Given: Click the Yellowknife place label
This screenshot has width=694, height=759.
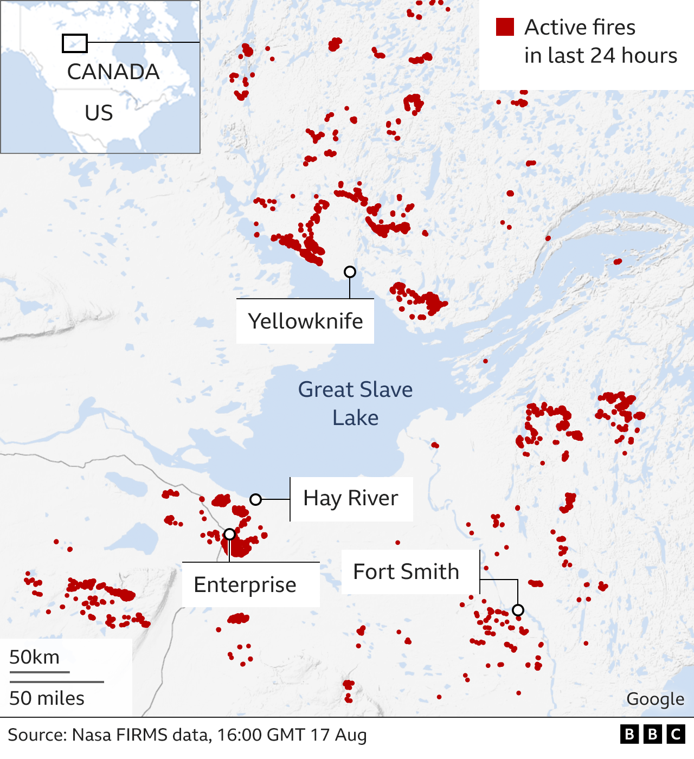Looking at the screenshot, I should pos(305,321).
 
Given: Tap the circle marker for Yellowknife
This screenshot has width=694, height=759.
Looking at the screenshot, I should pos(350,272).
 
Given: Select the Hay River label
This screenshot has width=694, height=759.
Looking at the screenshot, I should pos(351,498).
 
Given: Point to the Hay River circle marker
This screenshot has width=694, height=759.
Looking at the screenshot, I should pos(255,499).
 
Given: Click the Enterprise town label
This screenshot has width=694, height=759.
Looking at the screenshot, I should pos(245,585).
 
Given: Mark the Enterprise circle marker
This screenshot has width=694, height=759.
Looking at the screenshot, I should pos(229,535).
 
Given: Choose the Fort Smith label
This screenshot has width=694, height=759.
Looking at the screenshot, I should pos(406,572).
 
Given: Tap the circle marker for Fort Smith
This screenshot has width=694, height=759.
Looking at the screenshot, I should pos(518,610).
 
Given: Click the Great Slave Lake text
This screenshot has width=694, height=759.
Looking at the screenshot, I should pos(355,403).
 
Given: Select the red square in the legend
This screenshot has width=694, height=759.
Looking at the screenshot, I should pos(505,27).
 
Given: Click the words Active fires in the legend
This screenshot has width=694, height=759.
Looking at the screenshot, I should pos(580,27).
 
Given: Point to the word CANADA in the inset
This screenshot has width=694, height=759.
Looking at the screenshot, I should pos(113,72).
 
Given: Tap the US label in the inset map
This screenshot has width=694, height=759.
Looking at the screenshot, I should pos(99,113).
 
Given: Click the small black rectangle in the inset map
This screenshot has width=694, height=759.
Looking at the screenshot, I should pos(75,43).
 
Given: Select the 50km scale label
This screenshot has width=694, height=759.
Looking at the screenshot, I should pos(34,657).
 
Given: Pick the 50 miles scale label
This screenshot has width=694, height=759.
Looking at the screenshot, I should pos(47,698).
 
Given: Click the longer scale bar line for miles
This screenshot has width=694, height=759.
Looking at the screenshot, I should pos(56,681).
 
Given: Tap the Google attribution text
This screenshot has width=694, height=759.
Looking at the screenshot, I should pos(655,699).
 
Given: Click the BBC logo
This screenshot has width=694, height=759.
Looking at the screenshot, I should pos(652,735).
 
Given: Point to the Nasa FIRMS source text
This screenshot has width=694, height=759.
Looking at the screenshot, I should pos(187,735).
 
